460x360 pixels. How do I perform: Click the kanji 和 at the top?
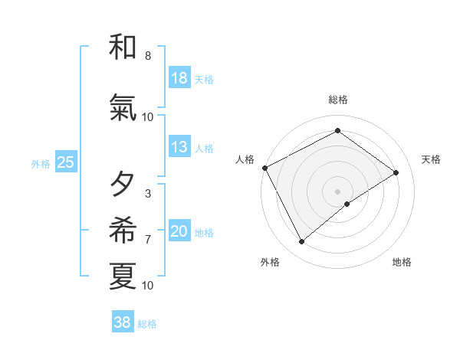123,47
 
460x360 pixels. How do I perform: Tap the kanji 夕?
123,185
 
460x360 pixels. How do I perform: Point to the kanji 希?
123,230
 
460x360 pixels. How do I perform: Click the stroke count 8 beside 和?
147,56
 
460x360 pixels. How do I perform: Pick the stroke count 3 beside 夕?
147,194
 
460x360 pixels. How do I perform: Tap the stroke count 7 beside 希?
147,240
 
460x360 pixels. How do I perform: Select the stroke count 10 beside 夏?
147,286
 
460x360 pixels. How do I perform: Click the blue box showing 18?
179,78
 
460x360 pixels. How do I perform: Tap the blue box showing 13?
179,147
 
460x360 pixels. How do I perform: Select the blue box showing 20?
179,231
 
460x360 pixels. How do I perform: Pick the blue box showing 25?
65,162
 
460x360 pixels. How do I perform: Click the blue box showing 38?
123,322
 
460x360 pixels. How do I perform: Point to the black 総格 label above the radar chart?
338,100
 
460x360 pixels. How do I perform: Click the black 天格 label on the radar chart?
431,159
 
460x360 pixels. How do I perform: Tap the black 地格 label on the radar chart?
402,263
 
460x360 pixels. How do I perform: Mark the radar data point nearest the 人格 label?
264,168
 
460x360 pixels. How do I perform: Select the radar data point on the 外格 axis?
301,242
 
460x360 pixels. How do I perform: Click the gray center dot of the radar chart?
337,190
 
